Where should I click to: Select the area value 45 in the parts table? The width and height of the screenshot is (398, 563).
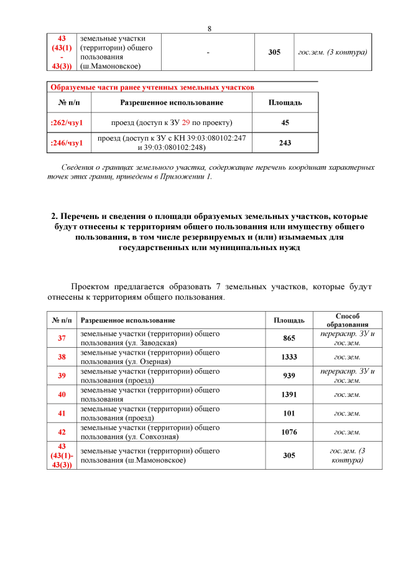pos(285,123)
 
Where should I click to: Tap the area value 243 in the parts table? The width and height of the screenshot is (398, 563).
pos(285,143)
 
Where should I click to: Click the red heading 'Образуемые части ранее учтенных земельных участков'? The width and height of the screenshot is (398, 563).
pos(152,87)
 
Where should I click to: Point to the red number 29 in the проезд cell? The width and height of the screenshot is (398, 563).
pos(186,123)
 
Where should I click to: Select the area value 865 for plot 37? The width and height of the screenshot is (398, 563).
pos(289,338)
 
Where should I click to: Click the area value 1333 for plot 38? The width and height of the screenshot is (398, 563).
pos(289,356)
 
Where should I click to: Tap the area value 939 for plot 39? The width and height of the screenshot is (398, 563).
pos(289,375)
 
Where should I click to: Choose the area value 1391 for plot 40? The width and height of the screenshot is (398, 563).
pos(289,394)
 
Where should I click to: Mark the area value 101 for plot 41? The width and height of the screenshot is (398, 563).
pos(289,413)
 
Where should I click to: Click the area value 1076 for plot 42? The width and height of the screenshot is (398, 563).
pos(289,432)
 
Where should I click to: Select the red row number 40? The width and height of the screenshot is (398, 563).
pos(62,394)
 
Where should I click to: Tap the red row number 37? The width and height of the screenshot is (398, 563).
pos(62,338)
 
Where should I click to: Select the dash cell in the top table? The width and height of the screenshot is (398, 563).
pos(208,52)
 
